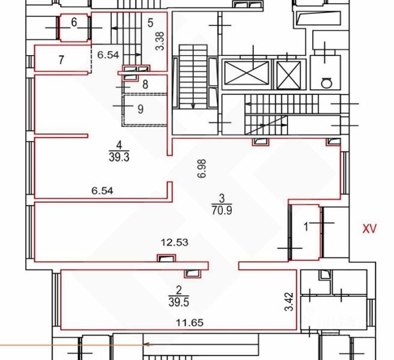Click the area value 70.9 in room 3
point(222,210)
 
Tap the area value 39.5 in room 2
point(178,302)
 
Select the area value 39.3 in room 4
point(119,157)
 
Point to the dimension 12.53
point(174,242)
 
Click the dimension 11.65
point(190,322)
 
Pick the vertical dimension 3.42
point(289,302)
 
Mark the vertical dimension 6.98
point(202,169)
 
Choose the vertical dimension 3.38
point(160,41)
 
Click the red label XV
point(369,229)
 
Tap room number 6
point(74,22)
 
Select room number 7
point(61,60)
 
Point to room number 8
point(145,85)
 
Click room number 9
point(141,109)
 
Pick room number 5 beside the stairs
point(150,23)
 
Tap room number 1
point(306,227)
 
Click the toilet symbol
point(327,83)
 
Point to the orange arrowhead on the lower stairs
point(149,344)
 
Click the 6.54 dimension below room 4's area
point(102,191)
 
